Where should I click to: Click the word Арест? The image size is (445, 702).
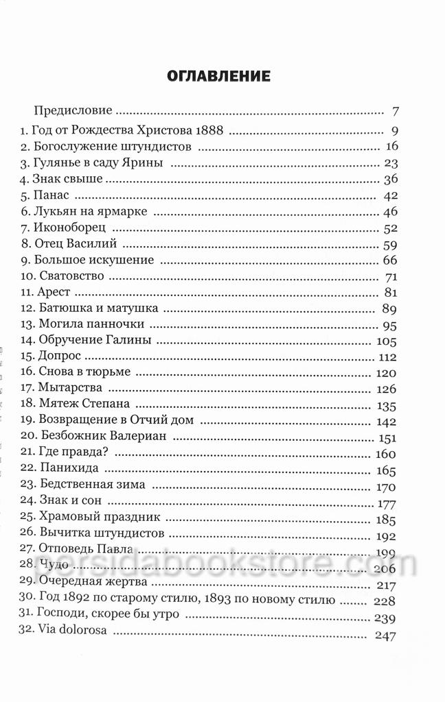coord(56,293)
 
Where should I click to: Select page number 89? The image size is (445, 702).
coord(391,309)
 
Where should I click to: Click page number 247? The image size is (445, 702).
coord(387,636)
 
